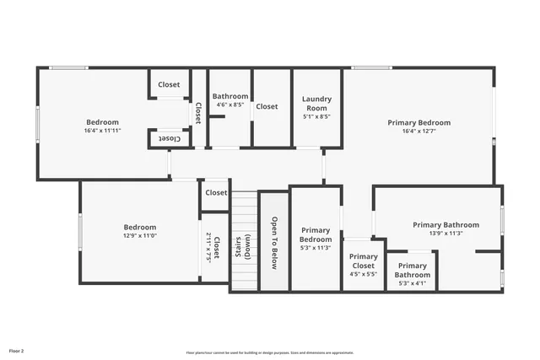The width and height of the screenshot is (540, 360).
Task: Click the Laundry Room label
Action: tap(316, 103)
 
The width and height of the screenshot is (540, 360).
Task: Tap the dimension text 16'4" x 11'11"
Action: tap(102, 131)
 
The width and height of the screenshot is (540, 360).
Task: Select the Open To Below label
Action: tap(274, 243)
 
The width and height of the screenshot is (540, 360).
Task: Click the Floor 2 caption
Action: tap(17, 350)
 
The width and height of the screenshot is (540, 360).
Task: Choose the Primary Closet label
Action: tap(363, 261)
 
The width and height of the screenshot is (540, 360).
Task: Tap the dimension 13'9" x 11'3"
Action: tap(445, 234)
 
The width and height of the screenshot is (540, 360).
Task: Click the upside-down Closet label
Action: tap(167, 138)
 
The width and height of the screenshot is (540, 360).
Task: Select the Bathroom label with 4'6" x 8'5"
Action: tap(230, 96)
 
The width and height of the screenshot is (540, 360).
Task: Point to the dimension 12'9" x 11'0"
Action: tap(140, 236)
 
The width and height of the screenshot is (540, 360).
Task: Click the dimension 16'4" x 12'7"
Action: tap(419, 131)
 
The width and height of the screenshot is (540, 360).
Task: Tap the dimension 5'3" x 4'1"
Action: tap(413, 283)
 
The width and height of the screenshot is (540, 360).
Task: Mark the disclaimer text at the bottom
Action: tap(270, 352)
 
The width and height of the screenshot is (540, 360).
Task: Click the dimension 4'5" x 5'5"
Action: tap(363, 274)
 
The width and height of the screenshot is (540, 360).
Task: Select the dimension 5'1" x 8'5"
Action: tap(316, 116)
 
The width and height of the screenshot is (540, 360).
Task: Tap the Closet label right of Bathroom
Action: tap(267, 106)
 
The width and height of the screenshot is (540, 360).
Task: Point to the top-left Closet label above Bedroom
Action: tap(169, 84)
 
